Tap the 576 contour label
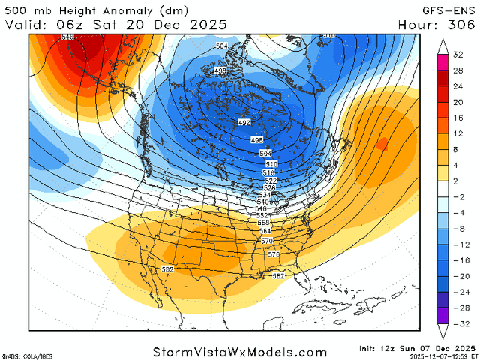coord(274,254)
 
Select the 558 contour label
coord(263,223)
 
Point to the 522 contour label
coord(271,181)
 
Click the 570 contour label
coord(267,241)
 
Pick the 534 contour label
coord(265,195)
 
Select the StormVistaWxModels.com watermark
coord(240,352)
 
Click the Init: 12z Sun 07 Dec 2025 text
coord(417,347)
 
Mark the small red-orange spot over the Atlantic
coord(382,143)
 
